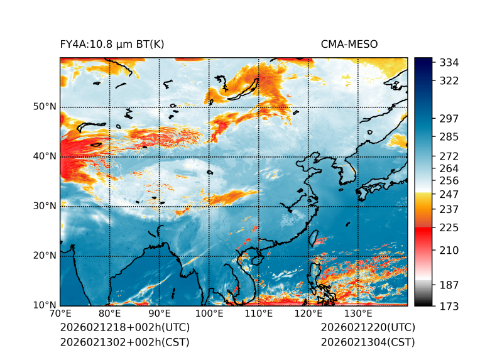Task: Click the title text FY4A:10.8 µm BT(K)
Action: (x=112, y=44)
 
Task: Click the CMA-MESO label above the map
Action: (x=349, y=44)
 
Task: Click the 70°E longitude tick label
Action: (x=60, y=314)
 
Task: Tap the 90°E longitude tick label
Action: (x=160, y=314)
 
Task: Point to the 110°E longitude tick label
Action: (x=259, y=314)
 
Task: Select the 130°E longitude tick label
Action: (x=358, y=314)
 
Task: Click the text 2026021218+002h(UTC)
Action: (x=124, y=328)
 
